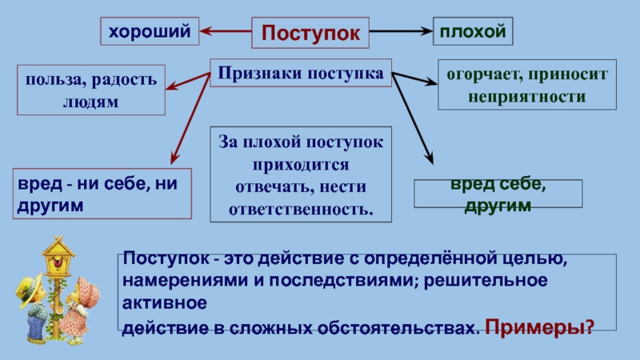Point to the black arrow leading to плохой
pos(401,31)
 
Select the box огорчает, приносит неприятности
pos(527,85)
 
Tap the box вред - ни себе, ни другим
pos(102,194)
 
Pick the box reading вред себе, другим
pos(497,194)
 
